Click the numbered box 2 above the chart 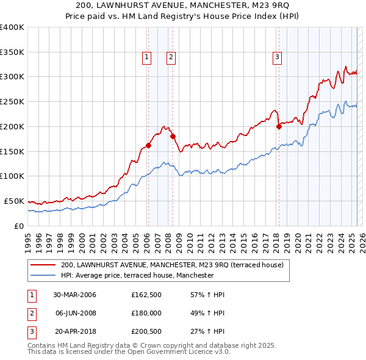[171, 57]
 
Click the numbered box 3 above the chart [277, 57]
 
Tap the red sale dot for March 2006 [148, 145]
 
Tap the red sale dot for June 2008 [173, 136]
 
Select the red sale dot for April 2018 [279, 126]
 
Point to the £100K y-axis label [12, 176]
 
